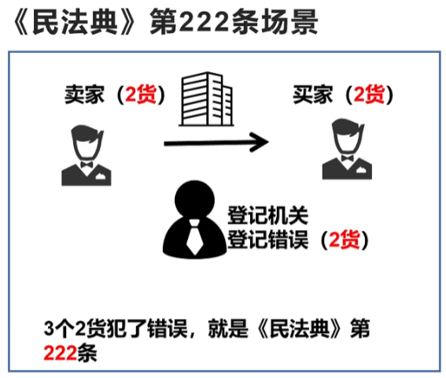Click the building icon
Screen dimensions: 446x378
coord(207,99)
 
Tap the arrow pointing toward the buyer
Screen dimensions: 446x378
coord(216,142)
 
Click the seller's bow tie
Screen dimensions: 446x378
coord(87,165)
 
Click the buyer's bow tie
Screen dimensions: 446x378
coord(347,158)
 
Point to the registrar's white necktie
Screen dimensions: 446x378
coord(194,237)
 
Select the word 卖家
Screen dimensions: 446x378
coord(84,94)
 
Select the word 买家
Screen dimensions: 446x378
coord(312,94)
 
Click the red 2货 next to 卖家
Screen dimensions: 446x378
coord(141,94)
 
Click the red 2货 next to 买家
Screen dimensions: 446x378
coord(369,94)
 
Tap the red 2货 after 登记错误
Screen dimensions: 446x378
coord(345,239)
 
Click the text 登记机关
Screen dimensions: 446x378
coord(267,215)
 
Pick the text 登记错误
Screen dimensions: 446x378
coord(267,239)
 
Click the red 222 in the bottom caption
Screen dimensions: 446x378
coord(60,353)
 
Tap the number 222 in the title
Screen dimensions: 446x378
coord(205,21)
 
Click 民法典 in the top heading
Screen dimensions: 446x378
coord(75,21)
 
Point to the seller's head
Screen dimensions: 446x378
coord(87,142)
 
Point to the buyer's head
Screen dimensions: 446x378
coord(348,135)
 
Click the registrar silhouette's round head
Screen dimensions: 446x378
coord(194,199)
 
